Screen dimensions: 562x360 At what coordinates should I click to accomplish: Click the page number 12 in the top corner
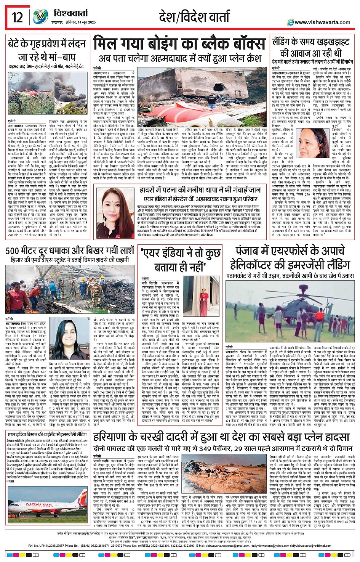click(18, 17)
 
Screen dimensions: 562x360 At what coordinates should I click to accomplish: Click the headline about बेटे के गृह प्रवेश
click(46, 51)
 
